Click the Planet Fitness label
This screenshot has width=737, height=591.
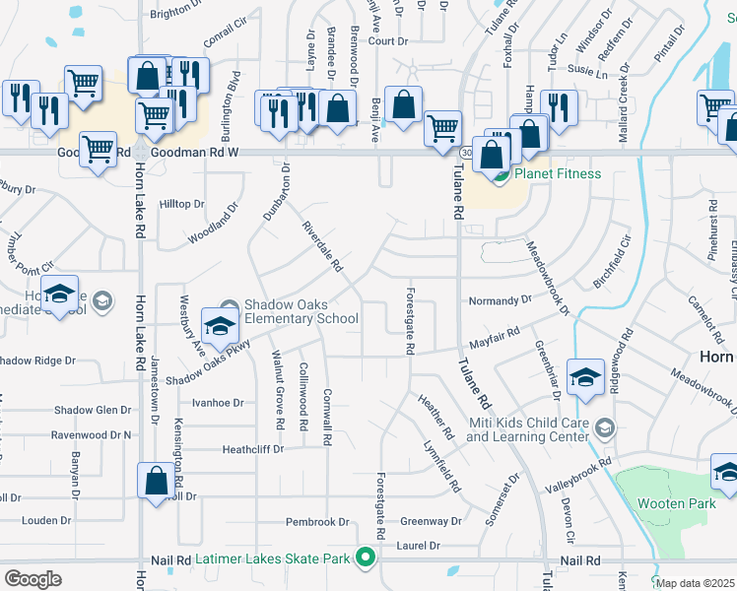(x=557, y=174)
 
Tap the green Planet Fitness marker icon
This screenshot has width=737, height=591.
(x=500, y=176)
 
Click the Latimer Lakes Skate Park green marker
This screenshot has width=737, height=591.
(x=367, y=558)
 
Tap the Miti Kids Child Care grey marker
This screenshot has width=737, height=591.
(x=606, y=427)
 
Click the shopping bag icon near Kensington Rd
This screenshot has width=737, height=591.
(x=156, y=482)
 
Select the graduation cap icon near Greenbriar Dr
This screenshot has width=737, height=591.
(x=585, y=377)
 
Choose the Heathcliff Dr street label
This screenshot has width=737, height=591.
(x=253, y=448)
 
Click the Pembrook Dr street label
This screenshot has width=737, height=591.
(x=317, y=522)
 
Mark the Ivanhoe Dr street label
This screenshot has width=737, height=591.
(x=217, y=403)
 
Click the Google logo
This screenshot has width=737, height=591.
(x=33, y=579)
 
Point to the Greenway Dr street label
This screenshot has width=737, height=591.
(x=431, y=521)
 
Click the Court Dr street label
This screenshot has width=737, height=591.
(x=387, y=41)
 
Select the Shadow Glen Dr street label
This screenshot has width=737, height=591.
(x=93, y=410)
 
